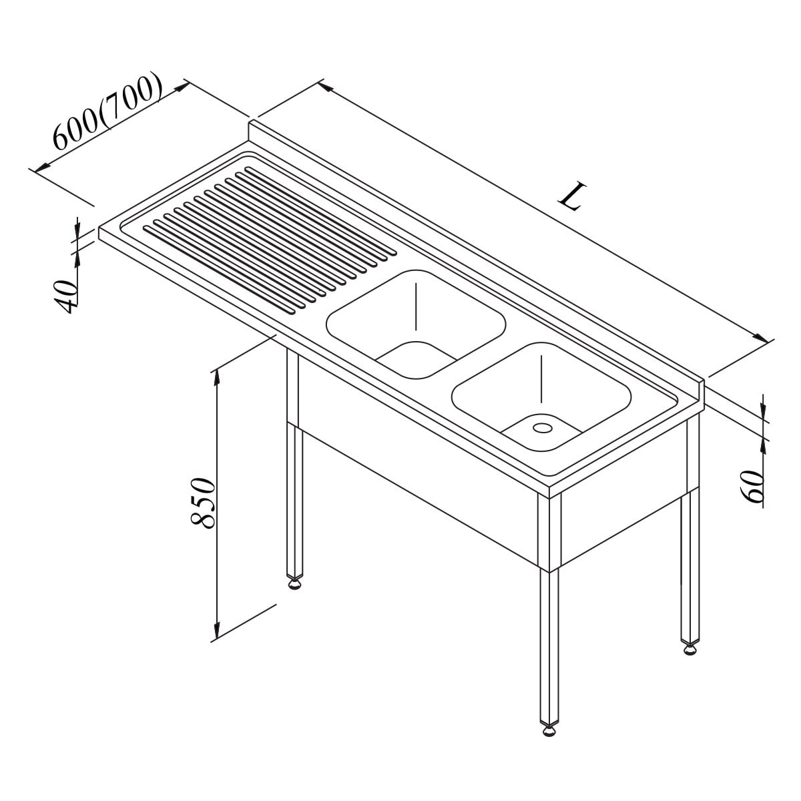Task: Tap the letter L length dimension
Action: [x=573, y=196]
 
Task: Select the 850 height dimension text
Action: [x=202, y=503]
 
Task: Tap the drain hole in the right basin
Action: [x=543, y=427]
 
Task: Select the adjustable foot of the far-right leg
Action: [x=690, y=649]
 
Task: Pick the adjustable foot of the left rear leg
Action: [x=294, y=583]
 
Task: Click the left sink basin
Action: [x=417, y=324]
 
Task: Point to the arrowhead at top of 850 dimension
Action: [x=216, y=379]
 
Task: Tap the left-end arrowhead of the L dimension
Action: [x=327, y=87]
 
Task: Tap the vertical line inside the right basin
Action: [x=541, y=379]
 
